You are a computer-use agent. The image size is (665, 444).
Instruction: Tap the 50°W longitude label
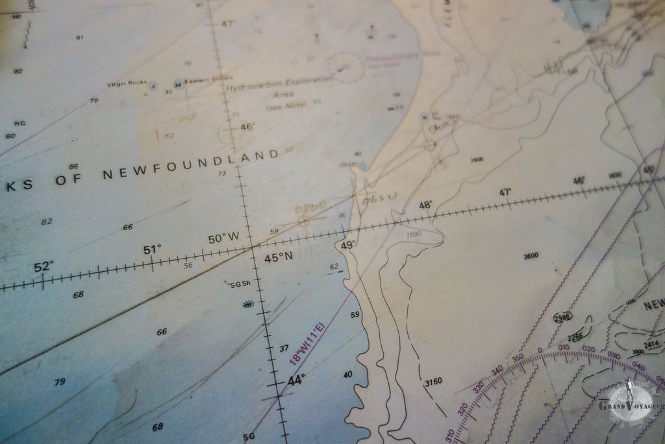[x=223, y=239]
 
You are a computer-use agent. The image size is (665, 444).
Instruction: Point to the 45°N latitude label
[x=279, y=257]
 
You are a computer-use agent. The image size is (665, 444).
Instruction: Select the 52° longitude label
[x=44, y=267]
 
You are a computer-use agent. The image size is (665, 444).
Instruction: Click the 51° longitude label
[x=153, y=250]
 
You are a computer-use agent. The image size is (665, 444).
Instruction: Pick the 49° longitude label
[x=348, y=245]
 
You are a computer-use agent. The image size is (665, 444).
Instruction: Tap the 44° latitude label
[x=295, y=380]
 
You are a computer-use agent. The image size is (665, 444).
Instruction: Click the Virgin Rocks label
[x=127, y=83]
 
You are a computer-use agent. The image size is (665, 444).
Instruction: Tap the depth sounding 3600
[x=531, y=256]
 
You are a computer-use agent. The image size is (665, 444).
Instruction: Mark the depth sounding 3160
[x=433, y=382]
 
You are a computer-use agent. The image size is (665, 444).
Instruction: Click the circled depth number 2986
[x=562, y=317]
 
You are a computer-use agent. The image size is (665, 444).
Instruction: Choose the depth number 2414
[x=651, y=344]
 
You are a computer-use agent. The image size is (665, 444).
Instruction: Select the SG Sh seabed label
[x=240, y=284]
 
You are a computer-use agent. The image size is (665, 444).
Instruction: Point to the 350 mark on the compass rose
[x=518, y=358]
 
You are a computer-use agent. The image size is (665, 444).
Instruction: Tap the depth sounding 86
[x=73, y=167]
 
